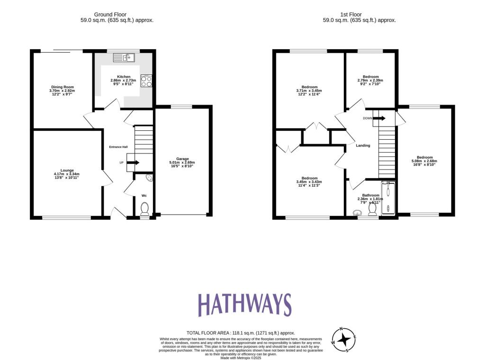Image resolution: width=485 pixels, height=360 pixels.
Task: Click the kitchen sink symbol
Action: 124,58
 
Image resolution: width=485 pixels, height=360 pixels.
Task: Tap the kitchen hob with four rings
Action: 146,81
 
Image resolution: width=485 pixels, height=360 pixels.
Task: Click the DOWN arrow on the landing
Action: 379,118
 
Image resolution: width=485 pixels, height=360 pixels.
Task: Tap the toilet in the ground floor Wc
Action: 145,209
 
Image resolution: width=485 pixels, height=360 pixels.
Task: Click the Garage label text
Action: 182,159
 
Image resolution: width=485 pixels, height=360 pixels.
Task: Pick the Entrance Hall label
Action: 118,147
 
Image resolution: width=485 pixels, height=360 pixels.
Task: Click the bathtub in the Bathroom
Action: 388,198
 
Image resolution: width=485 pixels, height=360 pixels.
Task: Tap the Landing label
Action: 363,145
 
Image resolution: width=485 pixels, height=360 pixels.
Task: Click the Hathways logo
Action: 244,305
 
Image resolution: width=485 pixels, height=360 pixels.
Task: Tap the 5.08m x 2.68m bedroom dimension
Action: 424,161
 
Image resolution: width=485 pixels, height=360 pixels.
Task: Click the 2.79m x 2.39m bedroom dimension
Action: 370,81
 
